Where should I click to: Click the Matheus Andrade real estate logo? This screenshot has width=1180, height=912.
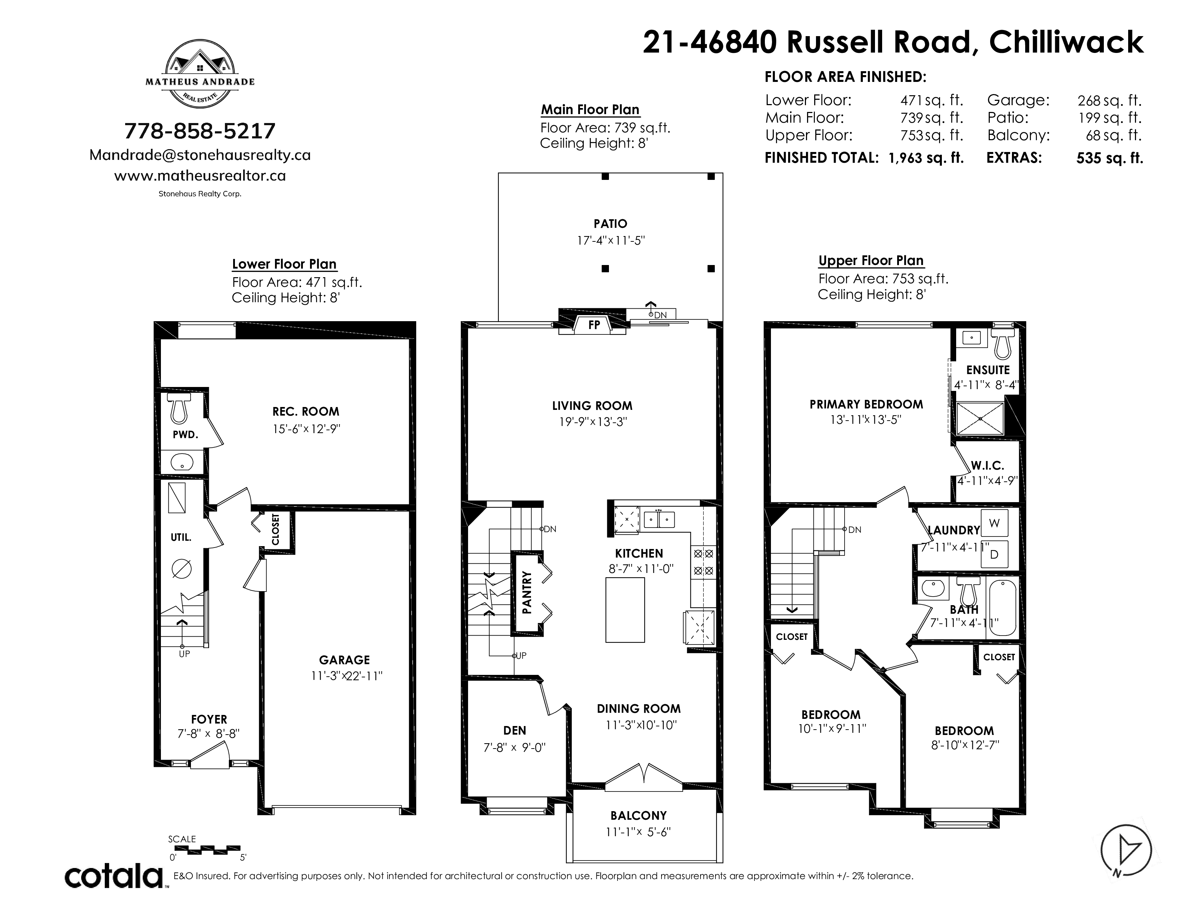click(200, 73)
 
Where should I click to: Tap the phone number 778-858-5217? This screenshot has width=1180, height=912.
click(200, 131)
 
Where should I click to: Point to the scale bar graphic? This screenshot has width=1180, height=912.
click(207, 849)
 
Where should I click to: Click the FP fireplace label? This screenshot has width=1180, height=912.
click(594, 325)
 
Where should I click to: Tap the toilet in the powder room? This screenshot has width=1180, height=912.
click(179, 408)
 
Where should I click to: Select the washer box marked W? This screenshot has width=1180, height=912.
click(994, 523)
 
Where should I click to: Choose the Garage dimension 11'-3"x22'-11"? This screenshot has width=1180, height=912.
click(346, 676)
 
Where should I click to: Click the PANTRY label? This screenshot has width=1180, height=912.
click(527, 592)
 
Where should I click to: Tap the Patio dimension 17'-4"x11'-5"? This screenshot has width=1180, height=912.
click(610, 240)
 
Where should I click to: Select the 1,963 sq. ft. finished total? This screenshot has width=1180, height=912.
click(926, 158)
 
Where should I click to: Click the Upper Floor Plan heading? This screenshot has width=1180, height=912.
click(871, 260)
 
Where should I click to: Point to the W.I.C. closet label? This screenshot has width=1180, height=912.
click(987, 465)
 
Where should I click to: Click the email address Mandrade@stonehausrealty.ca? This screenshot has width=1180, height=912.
click(200, 155)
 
